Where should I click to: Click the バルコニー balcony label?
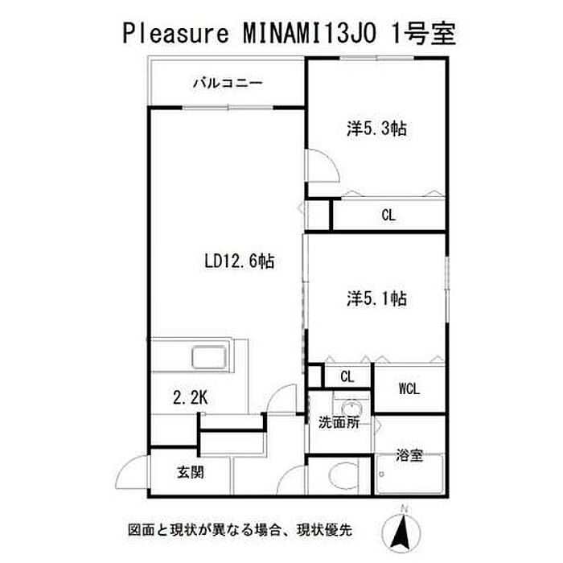click(228, 84)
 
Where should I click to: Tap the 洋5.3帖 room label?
click(376, 128)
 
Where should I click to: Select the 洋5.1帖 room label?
click(376, 298)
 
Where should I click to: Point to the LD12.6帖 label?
click(239, 261)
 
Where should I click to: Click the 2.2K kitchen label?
click(191, 397)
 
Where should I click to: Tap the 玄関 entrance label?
click(191, 472)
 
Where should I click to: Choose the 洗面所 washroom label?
click(339, 422)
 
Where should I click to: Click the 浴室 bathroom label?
click(409, 455)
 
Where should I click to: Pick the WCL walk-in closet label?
click(409, 388)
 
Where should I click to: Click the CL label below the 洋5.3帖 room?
click(388, 216)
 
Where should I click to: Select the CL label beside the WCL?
click(347, 376)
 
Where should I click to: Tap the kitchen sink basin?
click(209, 357)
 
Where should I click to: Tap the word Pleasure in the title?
click(175, 34)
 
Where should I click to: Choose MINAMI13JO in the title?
click(310, 34)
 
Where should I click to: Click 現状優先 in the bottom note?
click(324, 530)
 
